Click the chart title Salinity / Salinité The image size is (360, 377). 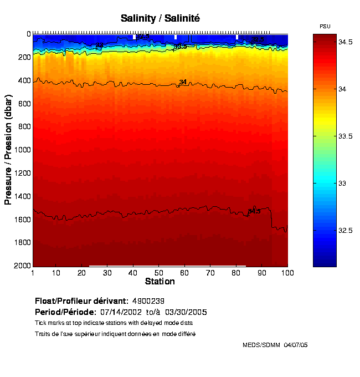pos(160,18)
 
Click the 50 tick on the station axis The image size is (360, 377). pos(159,273)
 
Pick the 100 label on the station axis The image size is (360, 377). pos(287,273)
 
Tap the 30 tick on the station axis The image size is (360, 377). pos(107,273)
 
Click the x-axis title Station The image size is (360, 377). pos(160,281)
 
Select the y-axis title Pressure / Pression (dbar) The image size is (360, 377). pos(8,150)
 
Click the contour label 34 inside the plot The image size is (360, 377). pos(183,82)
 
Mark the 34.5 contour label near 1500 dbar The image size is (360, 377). pos(254,211)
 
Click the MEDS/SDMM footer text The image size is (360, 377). pos(275,345)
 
